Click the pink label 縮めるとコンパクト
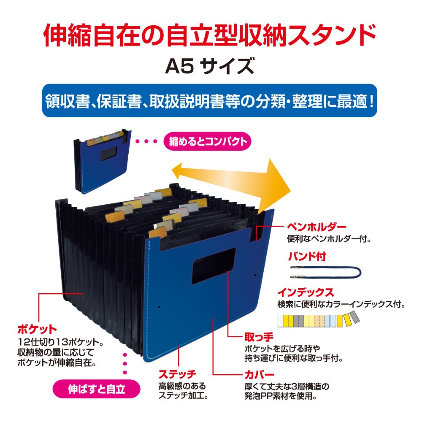(x=207, y=141)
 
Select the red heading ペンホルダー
(x=311, y=228)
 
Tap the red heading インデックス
(x=306, y=292)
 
